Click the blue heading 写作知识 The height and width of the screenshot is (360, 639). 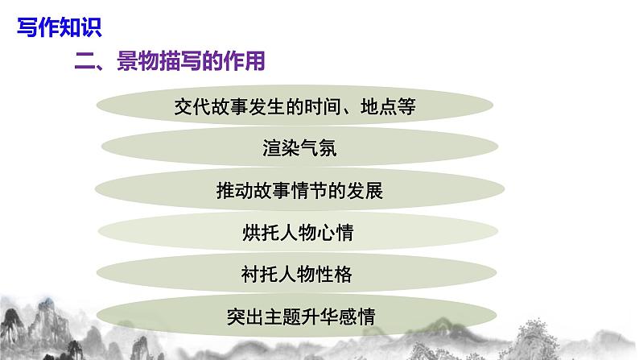(59, 29)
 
